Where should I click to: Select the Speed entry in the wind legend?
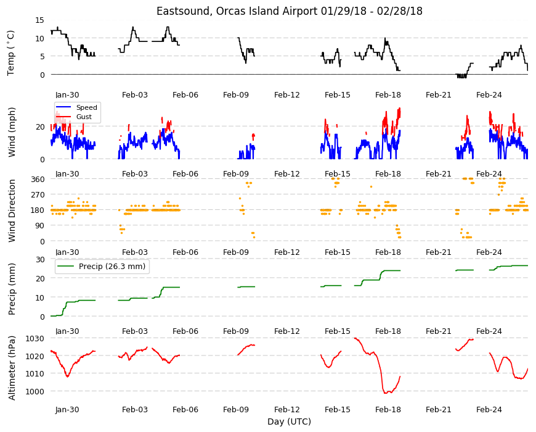86,107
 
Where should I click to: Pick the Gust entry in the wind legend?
84,117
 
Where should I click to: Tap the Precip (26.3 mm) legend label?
112,267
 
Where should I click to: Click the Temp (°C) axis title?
11,53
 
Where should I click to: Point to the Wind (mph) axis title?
12,132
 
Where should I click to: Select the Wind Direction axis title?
12,210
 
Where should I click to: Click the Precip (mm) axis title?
12,289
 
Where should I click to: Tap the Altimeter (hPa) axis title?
12,368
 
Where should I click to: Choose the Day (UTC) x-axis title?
289,422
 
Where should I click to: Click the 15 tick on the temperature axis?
39,20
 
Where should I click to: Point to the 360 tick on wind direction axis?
38,180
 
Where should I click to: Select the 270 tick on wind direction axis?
38,195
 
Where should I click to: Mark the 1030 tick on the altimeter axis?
35,339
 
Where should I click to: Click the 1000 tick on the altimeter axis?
35,391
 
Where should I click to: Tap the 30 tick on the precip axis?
40,259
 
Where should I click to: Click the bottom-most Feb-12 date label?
287,410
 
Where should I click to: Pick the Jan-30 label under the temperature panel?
67,95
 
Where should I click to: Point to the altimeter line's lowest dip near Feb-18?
386,393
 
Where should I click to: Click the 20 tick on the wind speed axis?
40,127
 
